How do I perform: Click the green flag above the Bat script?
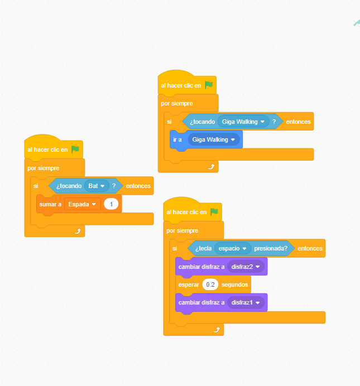pyautogui.click(x=75, y=149)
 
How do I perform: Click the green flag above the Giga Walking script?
pyautogui.click(x=209, y=85)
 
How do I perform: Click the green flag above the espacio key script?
pyautogui.click(x=214, y=212)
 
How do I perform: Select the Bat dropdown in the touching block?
pyautogui.click(x=96, y=186)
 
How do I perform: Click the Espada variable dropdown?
pyautogui.click(x=82, y=205)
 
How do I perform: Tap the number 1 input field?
pyautogui.click(x=112, y=205)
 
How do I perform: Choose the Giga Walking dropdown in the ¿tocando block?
pyautogui.click(x=243, y=122)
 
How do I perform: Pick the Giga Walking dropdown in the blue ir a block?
pyautogui.click(x=214, y=139)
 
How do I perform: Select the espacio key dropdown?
pyautogui.click(x=232, y=248)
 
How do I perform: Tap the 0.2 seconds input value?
pyautogui.click(x=210, y=284)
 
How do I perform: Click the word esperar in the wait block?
pyautogui.click(x=189, y=284)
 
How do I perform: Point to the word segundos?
pyautogui.click(x=234, y=284)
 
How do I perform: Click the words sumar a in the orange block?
pyautogui.click(x=50, y=205)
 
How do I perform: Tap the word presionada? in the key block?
pyautogui.click(x=271, y=248)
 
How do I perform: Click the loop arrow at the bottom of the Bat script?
pyautogui.click(x=78, y=230)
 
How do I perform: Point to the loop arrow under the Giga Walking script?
pyautogui.click(x=211, y=166)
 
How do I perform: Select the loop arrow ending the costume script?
pyautogui.click(x=217, y=330)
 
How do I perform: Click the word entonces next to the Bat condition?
pyautogui.click(x=138, y=186)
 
